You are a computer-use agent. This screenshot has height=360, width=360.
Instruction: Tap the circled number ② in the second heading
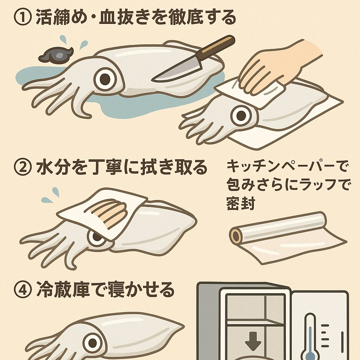coord(23,168)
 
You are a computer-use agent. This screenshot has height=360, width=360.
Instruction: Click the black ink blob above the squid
coord(55,56)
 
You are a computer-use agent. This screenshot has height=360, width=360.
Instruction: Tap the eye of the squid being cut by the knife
coord(105,79)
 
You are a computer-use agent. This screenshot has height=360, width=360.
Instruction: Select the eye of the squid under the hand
coord(242,115)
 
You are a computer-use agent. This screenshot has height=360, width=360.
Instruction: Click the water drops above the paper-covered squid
coord(51,195)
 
